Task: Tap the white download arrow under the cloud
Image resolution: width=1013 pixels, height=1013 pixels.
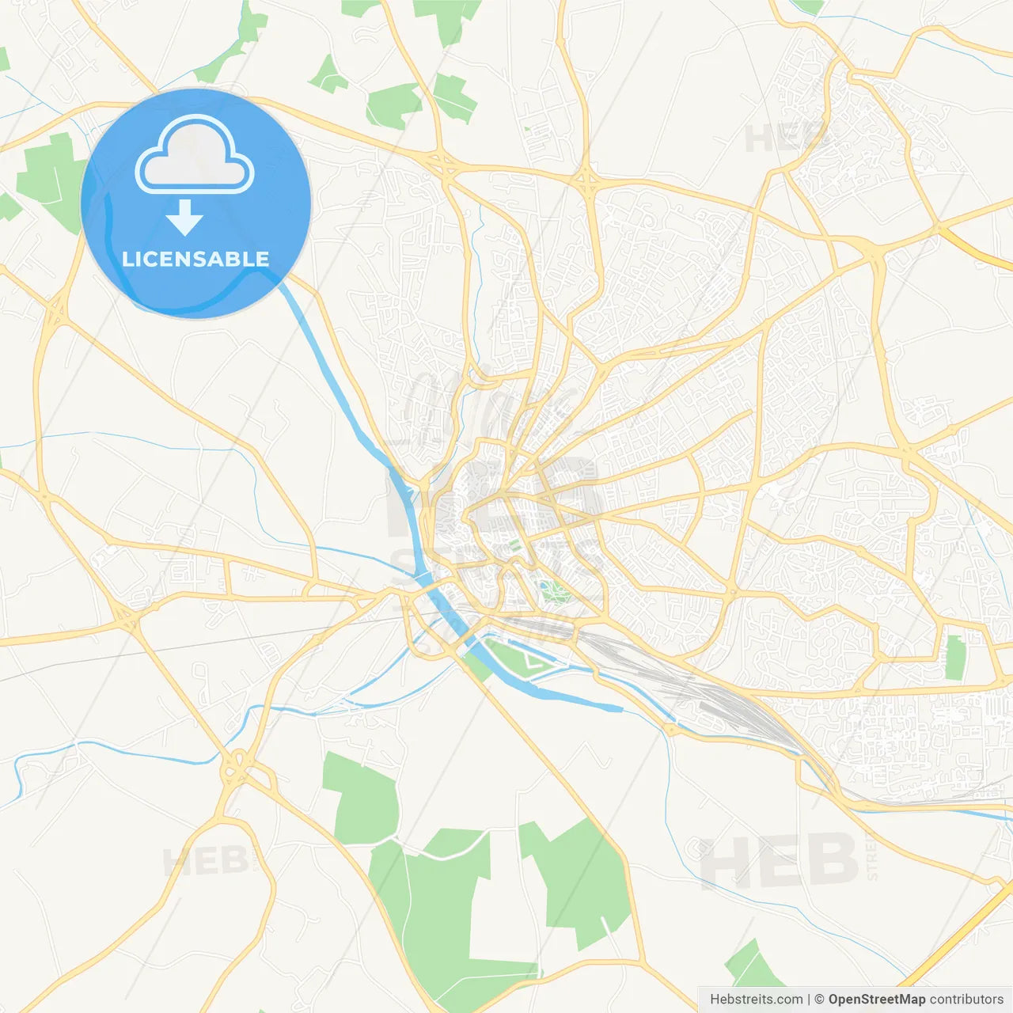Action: point(184,218)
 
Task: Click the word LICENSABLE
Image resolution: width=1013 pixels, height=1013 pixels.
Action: point(195,259)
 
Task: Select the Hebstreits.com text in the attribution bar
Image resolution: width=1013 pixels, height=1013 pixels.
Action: point(756,1000)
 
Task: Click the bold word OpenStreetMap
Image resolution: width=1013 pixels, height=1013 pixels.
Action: point(876,1000)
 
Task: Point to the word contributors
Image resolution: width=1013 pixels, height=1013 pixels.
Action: point(966,1000)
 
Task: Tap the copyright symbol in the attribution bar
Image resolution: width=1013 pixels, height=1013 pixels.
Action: point(820,1000)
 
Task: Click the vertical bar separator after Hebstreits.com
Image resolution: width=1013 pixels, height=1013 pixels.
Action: point(809,1000)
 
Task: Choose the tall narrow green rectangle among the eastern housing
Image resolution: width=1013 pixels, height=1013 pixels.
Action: point(955,657)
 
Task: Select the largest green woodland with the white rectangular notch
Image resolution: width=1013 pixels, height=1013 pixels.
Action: point(431,910)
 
